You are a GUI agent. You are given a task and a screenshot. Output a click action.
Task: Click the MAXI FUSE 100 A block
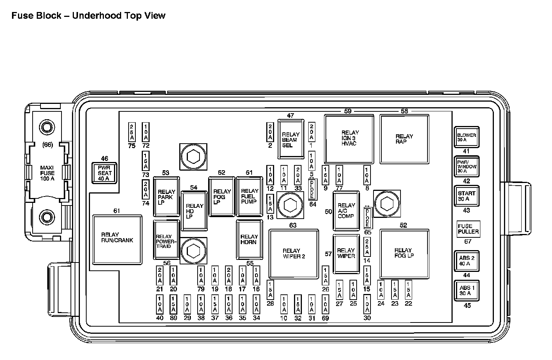pos(48,173)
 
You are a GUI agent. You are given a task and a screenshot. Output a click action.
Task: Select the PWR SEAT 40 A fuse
pos(105,173)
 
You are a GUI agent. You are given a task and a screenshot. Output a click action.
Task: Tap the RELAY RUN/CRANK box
pos(117,239)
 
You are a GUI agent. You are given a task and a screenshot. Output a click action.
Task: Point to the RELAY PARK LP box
pos(166,197)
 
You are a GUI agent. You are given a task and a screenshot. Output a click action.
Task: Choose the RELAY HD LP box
pos(194,211)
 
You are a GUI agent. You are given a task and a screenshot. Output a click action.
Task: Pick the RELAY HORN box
pos(249,239)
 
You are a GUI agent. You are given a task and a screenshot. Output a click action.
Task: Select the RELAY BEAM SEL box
pos(291,139)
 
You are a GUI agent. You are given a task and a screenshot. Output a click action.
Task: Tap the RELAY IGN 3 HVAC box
pos(349,139)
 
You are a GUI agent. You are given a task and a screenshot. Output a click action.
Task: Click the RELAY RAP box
pos(404,139)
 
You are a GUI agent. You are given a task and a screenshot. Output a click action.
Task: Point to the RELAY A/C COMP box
pos(346,211)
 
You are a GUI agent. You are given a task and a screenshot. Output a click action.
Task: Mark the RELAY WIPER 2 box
pos(294,254)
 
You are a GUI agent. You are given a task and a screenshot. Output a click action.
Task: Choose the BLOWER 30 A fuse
pos(466,137)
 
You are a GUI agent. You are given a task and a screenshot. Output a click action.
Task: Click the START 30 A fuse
pos(466,196)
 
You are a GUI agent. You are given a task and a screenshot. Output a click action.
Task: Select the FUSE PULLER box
pos(468,229)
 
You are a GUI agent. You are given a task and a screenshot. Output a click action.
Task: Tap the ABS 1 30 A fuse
pos(466,291)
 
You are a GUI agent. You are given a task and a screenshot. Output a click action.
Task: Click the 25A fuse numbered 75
pos(132,132)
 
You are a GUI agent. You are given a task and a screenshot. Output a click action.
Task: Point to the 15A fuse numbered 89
pos(173,304)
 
